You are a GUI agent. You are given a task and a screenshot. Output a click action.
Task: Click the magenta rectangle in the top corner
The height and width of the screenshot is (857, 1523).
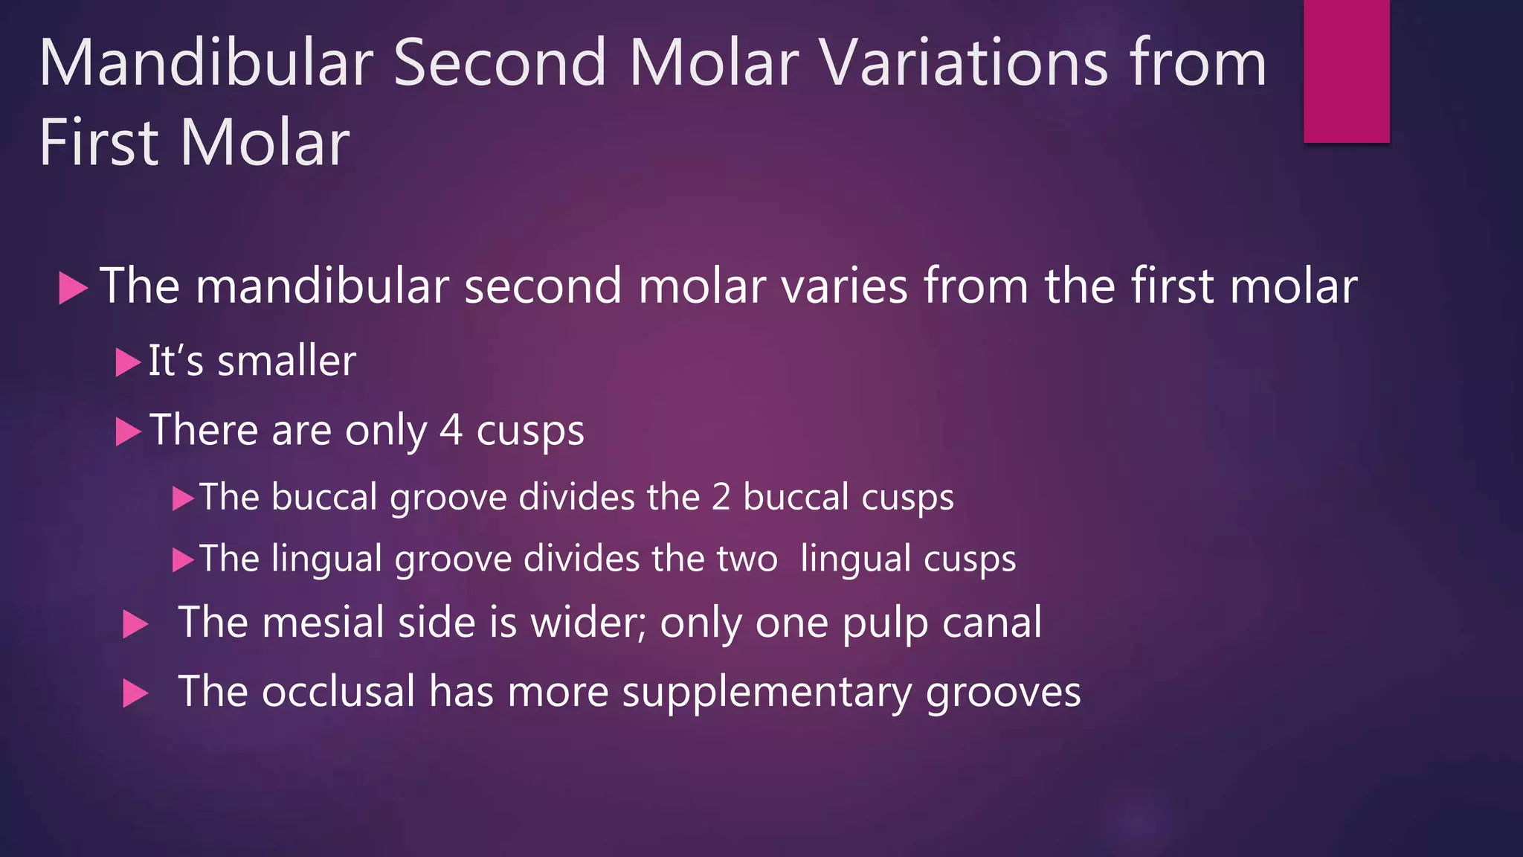pyautogui.click(x=1346, y=71)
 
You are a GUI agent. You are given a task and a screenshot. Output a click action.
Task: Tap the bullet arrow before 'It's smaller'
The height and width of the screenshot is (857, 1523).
pyautogui.click(x=127, y=363)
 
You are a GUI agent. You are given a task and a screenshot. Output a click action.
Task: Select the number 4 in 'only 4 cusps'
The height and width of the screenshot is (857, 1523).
pyautogui.click(x=451, y=430)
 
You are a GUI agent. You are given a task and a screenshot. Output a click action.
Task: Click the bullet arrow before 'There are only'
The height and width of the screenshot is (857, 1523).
pyautogui.click(x=127, y=431)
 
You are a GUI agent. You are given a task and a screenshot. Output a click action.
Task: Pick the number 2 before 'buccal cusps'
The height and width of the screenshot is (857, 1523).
pyautogui.click(x=721, y=497)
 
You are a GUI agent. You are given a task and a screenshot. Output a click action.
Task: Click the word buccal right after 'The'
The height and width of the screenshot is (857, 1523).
pyautogui.click(x=324, y=497)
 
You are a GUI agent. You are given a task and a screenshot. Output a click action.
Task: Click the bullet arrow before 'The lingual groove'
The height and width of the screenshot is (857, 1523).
pyautogui.click(x=182, y=559)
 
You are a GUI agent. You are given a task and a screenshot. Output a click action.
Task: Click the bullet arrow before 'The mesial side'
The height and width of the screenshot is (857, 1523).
pyautogui.click(x=135, y=624)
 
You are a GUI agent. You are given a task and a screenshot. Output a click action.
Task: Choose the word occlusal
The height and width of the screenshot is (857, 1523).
pyautogui.click(x=338, y=691)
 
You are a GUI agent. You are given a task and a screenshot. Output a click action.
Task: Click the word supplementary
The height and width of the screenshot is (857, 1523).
pyautogui.click(x=766, y=693)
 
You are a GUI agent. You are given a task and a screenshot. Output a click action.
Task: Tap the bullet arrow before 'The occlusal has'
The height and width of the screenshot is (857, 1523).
pyautogui.click(x=135, y=693)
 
